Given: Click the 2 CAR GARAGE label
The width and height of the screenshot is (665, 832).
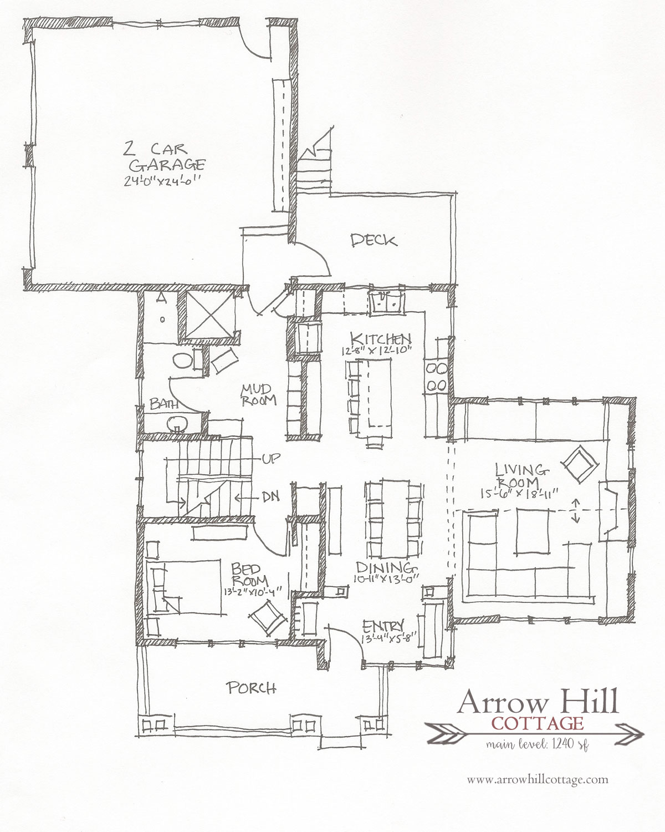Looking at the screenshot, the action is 164,158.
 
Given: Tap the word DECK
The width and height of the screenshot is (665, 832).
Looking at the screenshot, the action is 374,241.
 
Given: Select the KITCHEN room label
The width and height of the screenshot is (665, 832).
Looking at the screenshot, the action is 381,339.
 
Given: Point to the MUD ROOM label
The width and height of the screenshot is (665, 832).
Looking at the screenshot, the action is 258,395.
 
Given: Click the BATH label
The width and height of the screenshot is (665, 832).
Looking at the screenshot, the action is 164,404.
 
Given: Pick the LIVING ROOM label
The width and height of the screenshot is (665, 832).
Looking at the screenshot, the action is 521,475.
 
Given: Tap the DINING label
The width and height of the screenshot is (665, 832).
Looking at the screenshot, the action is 386,567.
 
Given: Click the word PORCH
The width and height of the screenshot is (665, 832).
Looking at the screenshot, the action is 251,688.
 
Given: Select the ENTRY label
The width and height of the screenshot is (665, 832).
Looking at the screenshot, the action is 383,626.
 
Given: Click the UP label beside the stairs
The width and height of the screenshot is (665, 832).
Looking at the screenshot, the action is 271,459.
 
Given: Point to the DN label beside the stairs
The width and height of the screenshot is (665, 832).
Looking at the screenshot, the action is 270,496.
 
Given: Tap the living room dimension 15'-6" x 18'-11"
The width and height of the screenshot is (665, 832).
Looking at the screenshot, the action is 519,493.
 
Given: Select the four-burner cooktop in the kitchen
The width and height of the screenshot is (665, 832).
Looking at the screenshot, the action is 436,377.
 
